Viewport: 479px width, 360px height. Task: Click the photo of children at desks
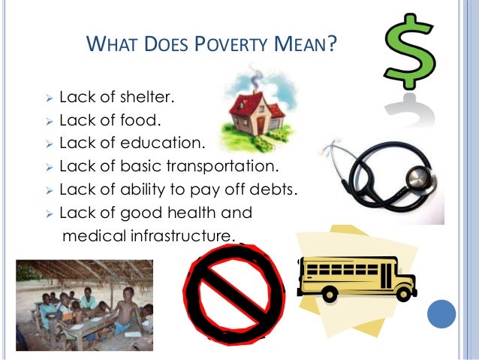(84, 304)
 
